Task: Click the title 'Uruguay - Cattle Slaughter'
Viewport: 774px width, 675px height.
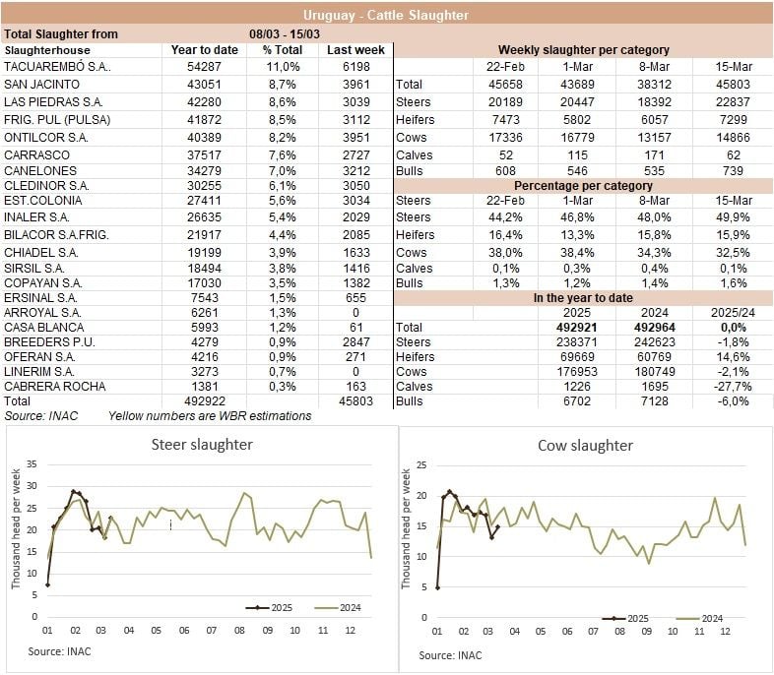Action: point(386,15)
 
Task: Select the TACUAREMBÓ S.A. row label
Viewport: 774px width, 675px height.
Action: point(57,67)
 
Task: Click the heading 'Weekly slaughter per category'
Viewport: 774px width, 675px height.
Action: point(583,50)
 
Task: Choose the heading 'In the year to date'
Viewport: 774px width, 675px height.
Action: point(583,297)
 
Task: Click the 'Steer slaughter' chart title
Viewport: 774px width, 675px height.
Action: point(201,445)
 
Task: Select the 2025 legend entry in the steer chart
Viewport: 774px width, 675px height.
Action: point(267,608)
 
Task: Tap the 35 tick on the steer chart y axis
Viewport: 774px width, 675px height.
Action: point(31,463)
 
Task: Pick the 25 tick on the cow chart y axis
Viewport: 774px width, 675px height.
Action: point(422,464)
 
